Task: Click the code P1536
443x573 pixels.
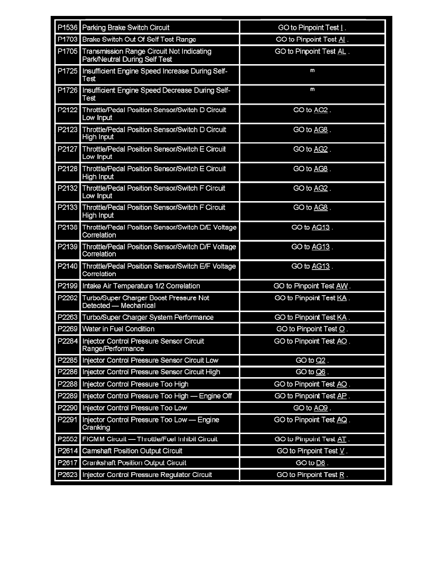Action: pyautogui.click(x=67, y=28)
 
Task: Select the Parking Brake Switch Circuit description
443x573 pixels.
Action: pyautogui.click(x=126, y=28)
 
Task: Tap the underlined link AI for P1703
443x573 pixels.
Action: pyautogui.click(x=342, y=40)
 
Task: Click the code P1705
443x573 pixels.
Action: pyautogui.click(x=67, y=52)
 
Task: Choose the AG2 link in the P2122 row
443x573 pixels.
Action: pyautogui.click(x=321, y=110)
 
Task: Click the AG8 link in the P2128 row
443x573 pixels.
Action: pyautogui.click(x=321, y=169)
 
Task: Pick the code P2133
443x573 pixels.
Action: pyautogui.click(x=67, y=208)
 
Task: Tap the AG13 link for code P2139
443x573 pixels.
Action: pyautogui.click(x=321, y=247)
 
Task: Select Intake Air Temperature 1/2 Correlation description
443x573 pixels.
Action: pyautogui.click(x=141, y=286)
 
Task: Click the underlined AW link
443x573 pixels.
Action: pyautogui.click(x=342, y=286)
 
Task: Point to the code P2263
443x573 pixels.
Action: pyautogui.click(x=67, y=317)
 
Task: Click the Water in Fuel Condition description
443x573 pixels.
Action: pyautogui.click(x=118, y=329)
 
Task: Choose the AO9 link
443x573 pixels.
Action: pyautogui.click(x=321, y=408)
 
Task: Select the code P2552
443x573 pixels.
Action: pyautogui.click(x=67, y=439)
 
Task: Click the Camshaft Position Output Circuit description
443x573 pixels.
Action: pyautogui.click(x=132, y=451)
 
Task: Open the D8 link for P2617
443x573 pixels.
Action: pyautogui.click(x=321, y=463)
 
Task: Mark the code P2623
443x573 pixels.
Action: pyautogui.click(x=67, y=475)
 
